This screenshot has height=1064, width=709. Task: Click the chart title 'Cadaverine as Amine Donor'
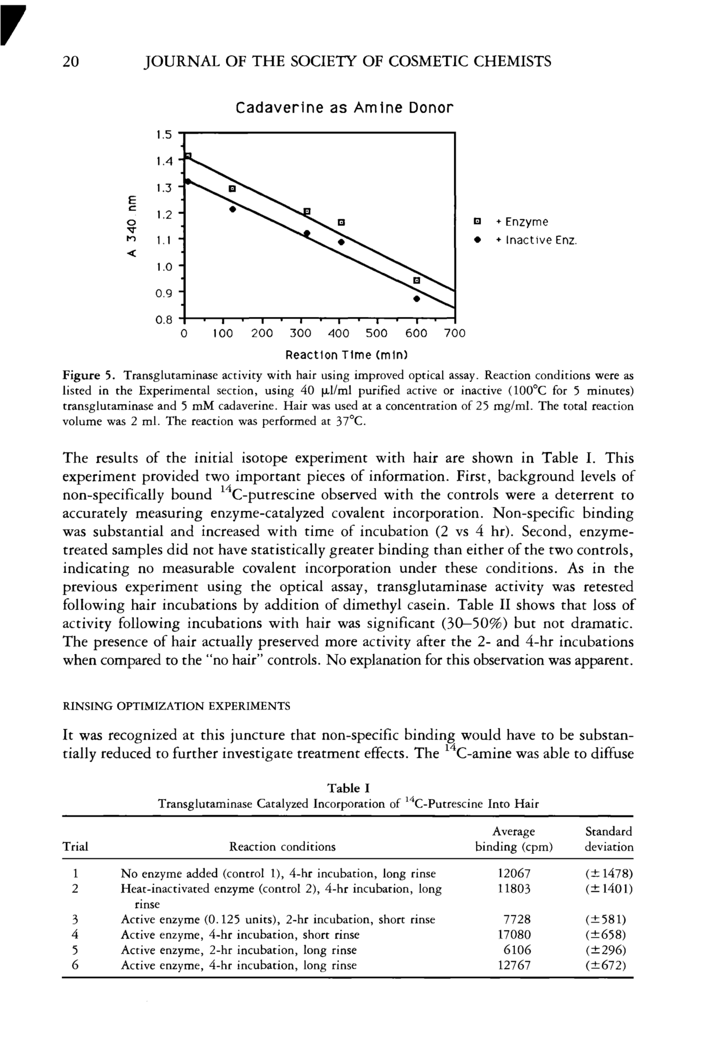click(344, 108)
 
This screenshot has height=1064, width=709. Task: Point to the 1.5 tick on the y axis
click(164, 134)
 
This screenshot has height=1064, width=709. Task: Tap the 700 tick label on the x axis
click(454, 334)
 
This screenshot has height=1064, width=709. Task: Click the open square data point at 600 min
click(417, 281)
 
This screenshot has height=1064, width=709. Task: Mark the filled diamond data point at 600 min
click(417, 299)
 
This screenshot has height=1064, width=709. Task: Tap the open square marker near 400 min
click(342, 222)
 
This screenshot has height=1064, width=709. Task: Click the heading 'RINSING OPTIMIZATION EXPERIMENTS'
click(177, 706)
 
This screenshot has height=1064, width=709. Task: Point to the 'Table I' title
click(349, 788)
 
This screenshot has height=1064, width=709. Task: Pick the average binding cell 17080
click(514, 935)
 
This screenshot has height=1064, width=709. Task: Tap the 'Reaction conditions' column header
click(282, 847)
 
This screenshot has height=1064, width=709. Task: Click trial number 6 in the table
click(76, 965)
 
